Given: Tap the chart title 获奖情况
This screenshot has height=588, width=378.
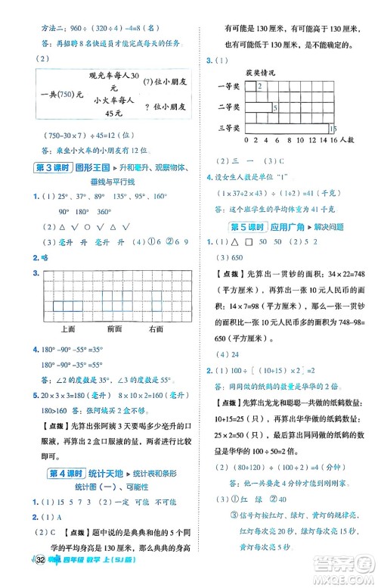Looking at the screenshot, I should (258, 73).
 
